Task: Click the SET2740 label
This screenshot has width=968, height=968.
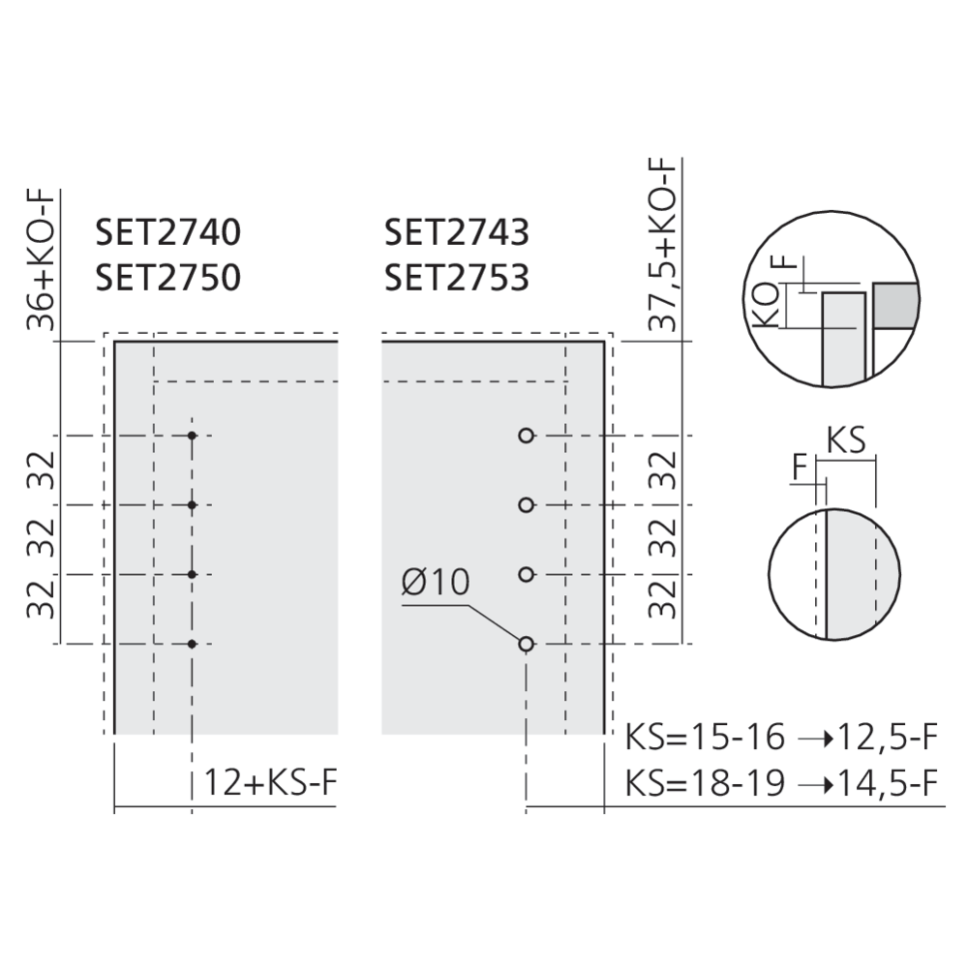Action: point(167,232)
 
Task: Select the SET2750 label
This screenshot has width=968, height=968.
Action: point(167,278)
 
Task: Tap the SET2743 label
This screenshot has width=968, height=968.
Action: point(457,232)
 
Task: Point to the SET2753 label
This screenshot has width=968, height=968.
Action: point(457,278)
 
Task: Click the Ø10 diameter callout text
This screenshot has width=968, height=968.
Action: point(436,582)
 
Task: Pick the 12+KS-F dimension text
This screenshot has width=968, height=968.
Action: point(271,782)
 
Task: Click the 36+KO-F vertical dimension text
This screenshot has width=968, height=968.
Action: point(42,260)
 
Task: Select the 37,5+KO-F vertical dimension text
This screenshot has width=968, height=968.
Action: point(663,245)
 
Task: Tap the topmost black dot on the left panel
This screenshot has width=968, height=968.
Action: point(192,436)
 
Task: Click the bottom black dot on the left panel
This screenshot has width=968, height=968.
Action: point(192,644)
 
